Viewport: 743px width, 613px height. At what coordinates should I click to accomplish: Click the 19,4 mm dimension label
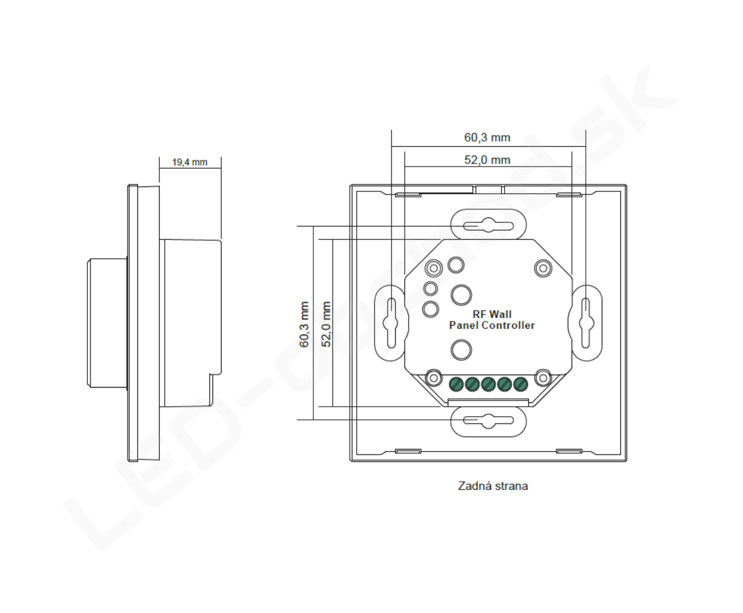[x=189, y=162]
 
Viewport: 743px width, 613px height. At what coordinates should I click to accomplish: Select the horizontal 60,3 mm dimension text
[x=487, y=137]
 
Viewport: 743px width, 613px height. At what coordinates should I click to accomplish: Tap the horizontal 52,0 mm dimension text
[x=487, y=160]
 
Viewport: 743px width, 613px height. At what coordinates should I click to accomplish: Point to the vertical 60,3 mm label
[x=304, y=324]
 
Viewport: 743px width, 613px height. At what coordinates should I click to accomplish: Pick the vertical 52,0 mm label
[x=326, y=324]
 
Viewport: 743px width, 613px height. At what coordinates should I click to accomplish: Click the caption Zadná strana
[x=493, y=486]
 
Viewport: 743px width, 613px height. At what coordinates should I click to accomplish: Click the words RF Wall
[x=492, y=314]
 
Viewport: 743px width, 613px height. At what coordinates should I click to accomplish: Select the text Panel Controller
[x=492, y=325]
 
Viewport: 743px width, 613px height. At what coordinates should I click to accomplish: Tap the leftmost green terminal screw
[x=456, y=384]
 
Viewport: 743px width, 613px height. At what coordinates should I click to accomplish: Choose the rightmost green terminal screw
[x=521, y=384]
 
